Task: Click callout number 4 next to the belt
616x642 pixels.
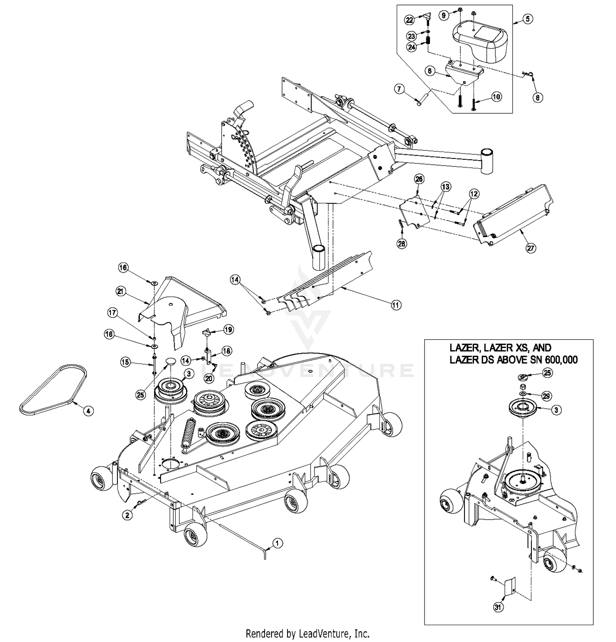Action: pos(87,410)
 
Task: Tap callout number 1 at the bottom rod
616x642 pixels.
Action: pos(277,543)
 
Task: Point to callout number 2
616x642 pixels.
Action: pos(128,514)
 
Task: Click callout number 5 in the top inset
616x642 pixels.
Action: pos(528,18)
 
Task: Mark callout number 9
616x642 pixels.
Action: pos(444,16)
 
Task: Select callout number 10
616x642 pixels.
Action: pos(496,97)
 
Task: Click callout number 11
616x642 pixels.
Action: pos(395,305)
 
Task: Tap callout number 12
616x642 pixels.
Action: pos(474,193)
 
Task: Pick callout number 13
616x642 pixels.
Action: pos(445,187)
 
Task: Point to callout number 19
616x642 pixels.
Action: pos(228,329)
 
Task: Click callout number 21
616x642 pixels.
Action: pos(120,292)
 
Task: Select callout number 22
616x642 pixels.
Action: pos(409,19)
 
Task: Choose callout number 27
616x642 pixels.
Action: pos(531,248)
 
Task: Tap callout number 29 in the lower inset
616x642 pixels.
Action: pos(546,396)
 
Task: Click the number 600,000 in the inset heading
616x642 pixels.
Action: pos(560,360)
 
